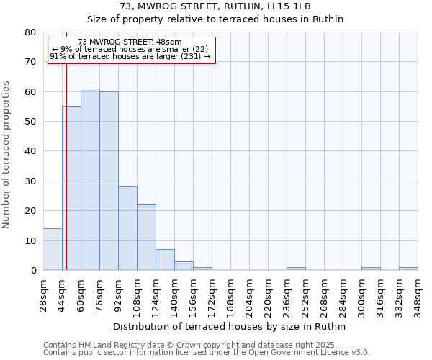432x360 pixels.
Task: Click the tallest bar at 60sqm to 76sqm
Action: (90, 179)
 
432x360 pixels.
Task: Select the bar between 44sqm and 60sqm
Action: (71, 188)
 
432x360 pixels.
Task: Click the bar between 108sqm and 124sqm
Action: (146, 237)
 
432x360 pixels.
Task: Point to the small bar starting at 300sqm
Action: (371, 269)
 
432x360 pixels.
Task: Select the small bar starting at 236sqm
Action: (296, 269)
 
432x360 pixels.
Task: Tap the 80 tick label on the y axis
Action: (30, 32)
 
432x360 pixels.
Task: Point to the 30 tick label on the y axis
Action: (30, 181)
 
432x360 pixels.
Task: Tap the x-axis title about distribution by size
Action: (230, 326)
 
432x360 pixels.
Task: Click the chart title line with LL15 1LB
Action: (215, 6)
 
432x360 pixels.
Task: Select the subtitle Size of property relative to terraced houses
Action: (215, 19)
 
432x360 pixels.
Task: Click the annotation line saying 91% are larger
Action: (130, 56)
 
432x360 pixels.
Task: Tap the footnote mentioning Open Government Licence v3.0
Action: (207, 353)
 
